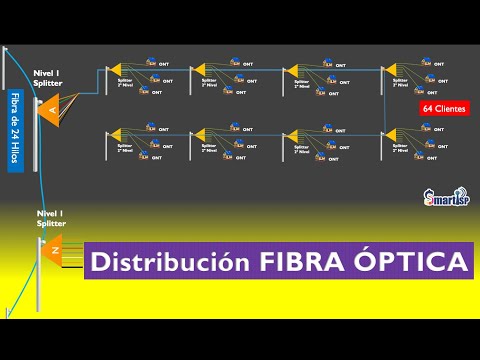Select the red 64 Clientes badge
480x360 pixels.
tap(445, 108)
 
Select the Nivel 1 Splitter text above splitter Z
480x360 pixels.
tap(51, 219)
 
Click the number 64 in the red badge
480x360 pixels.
tap(428, 108)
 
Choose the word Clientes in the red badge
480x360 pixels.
tap(450, 108)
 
